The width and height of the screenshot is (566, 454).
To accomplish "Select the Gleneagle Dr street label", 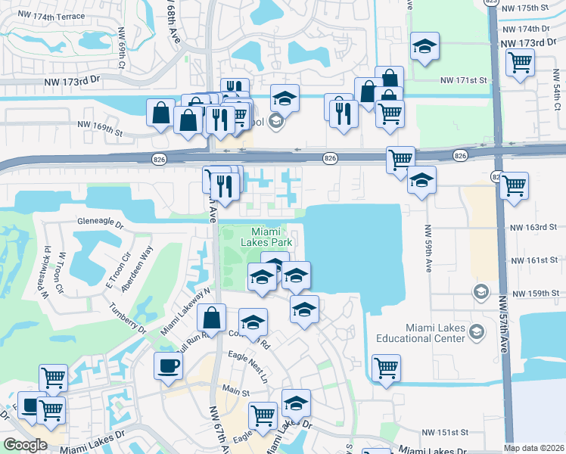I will point(99,222).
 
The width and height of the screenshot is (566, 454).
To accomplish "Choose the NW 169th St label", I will point(99,129).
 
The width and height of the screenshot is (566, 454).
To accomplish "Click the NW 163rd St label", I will point(533,226).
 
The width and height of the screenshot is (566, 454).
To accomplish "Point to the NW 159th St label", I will point(534,293).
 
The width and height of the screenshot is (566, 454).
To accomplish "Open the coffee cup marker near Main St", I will point(168,365).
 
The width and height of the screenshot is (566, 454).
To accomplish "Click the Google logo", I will point(24,445).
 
